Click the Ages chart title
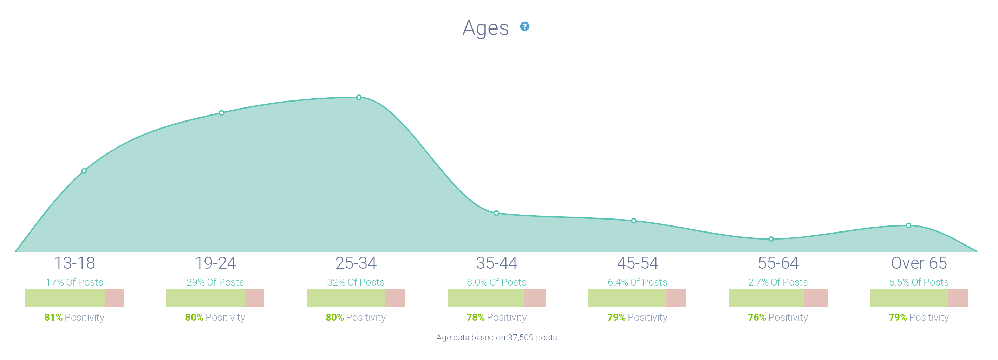pyautogui.click(x=485, y=28)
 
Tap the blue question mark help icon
pyautogui.click(x=524, y=26)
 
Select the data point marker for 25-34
pyautogui.click(x=359, y=97)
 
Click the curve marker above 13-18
pyautogui.click(x=84, y=170)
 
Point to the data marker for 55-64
pyautogui.click(x=771, y=239)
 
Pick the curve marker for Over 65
pyautogui.click(x=908, y=225)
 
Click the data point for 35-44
pyautogui.click(x=496, y=213)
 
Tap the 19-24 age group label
pyautogui.click(x=215, y=263)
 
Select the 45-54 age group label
pyautogui.click(x=637, y=263)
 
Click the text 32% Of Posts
pyautogui.click(x=356, y=282)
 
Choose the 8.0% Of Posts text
pyautogui.click(x=496, y=282)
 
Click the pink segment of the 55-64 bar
pyautogui.click(x=816, y=298)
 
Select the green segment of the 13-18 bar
pyautogui.click(x=65, y=298)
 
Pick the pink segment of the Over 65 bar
pyautogui.click(x=958, y=298)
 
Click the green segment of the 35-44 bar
pyautogui.click(x=485, y=298)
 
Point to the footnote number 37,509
pyautogui.click(x=520, y=338)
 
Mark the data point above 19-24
pyautogui.click(x=221, y=113)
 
